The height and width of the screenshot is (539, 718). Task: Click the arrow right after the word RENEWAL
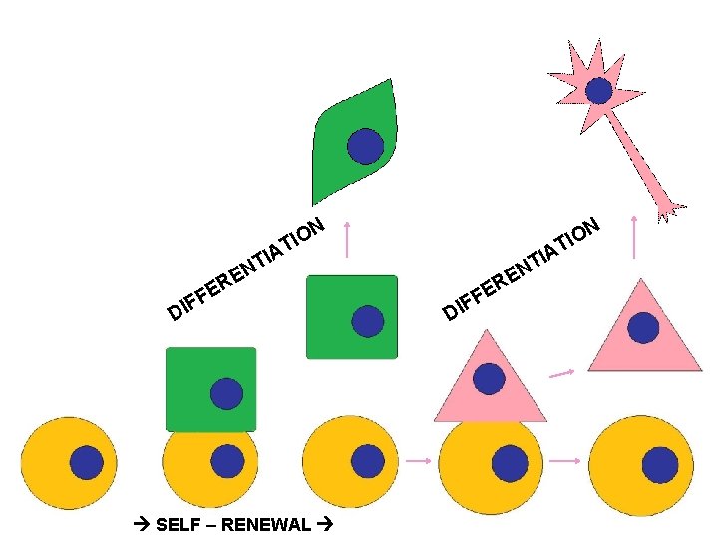[x=326, y=525]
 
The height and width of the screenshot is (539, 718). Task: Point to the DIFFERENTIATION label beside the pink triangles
[x=522, y=269]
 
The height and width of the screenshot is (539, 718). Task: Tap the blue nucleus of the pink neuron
[x=598, y=91]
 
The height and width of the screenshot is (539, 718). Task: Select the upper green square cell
[x=351, y=316]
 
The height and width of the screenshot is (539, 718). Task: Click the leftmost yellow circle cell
[x=69, y=462]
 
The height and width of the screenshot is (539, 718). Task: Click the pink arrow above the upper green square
[x=347, y=239]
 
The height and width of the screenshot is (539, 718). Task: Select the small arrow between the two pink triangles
[x=562, y=374]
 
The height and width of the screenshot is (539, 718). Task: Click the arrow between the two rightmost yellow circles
[x=565, y=461]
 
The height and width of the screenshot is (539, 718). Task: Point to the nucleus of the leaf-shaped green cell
[x=365, y=146]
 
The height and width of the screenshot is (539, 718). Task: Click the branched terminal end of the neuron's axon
[x=668, y=209]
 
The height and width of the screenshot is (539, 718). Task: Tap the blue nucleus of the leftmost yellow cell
[x=86, y=462]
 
